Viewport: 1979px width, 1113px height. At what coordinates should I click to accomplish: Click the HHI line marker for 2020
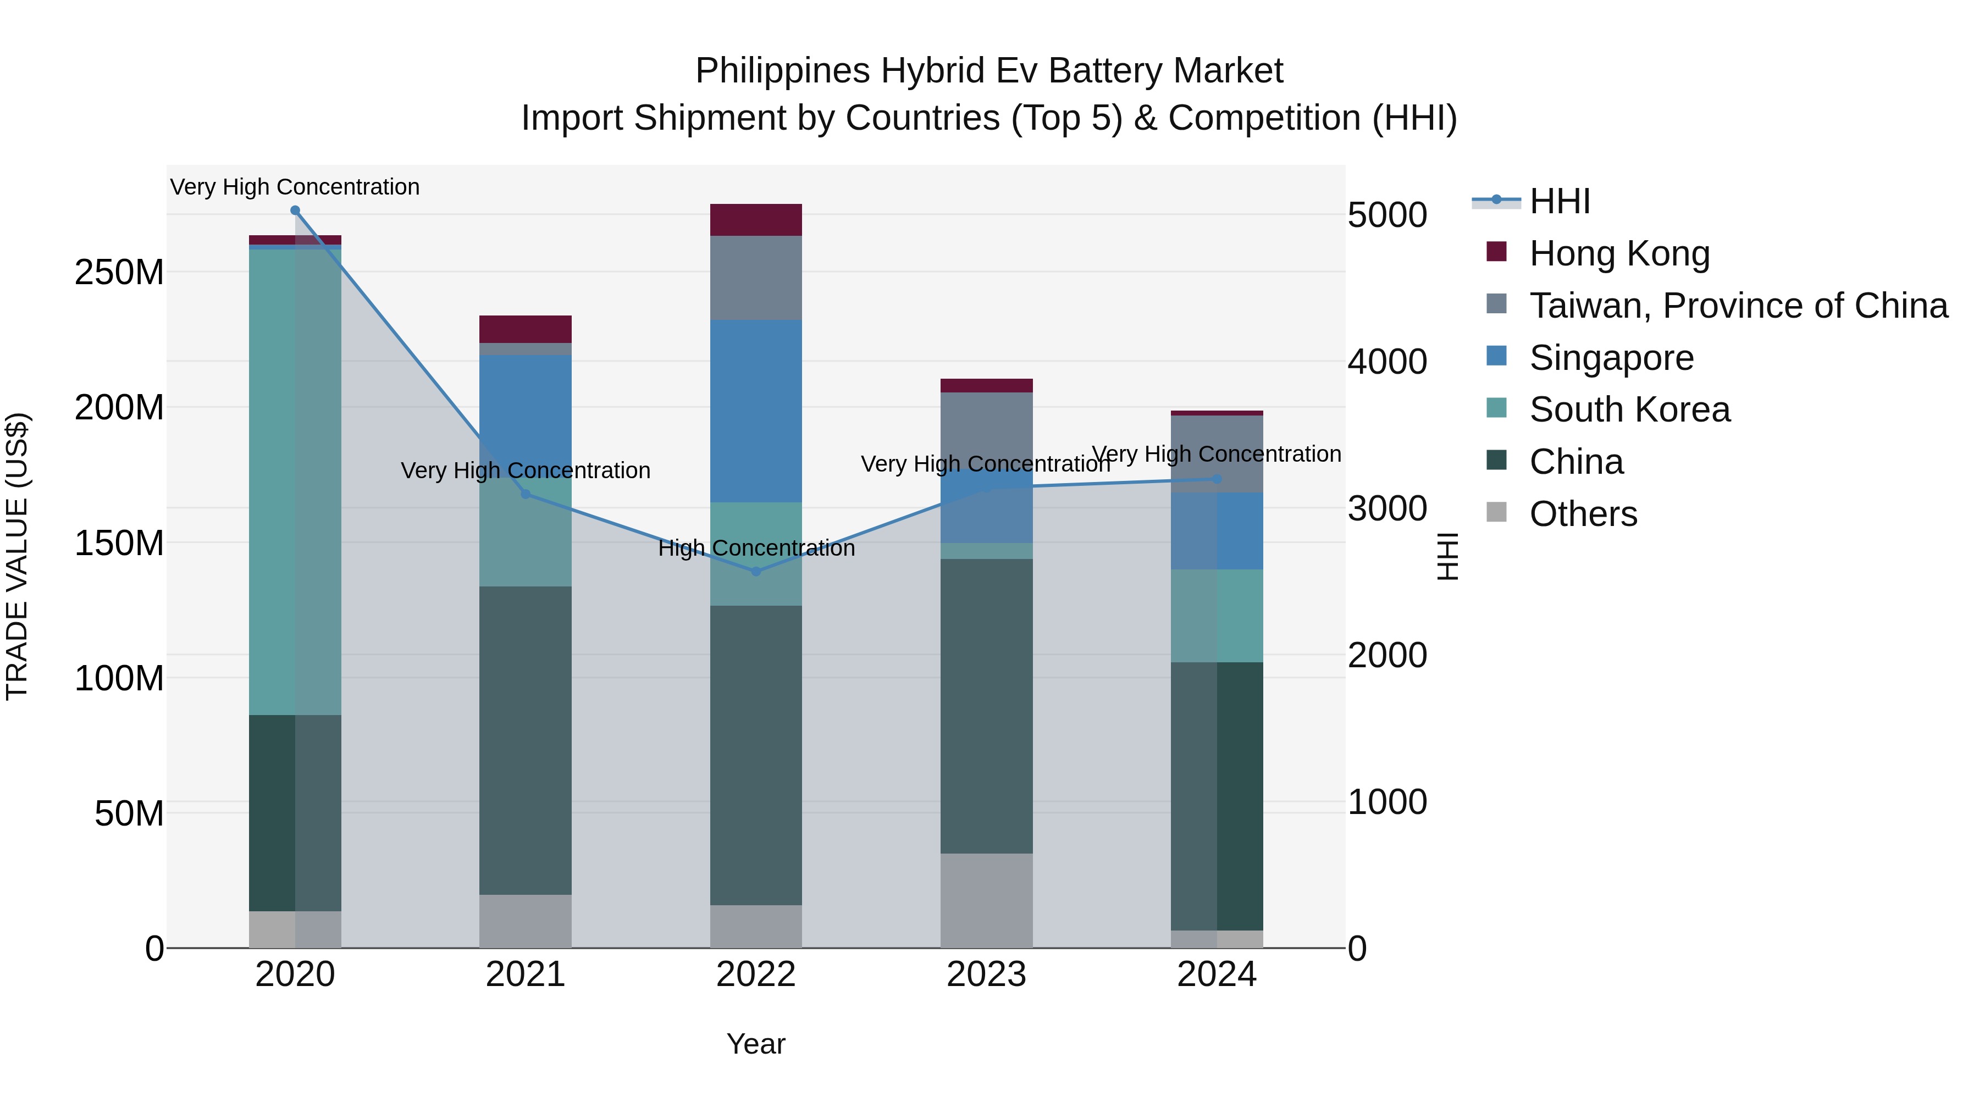pyautogui.click(x=295, y=211)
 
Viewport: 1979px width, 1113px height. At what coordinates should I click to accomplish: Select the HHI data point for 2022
pyautogui.click(x=756, y=572)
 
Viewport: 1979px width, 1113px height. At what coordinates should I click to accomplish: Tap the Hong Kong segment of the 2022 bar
pyautogui.click(x=756, y=220)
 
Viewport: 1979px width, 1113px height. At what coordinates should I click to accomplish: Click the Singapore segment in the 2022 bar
pyautogui.click(x=756, y=411)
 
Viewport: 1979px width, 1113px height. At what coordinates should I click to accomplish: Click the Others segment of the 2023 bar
pyautogui.click(x=986, y=900)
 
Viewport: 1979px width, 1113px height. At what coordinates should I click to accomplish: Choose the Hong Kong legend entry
pyautogui.click(x=1619, y=253)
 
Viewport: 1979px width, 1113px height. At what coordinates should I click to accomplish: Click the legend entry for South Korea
pyautogui.click(x=1629, y=409)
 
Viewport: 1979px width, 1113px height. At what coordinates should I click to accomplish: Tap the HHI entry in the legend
pyautogui.click(x=1559, y=201)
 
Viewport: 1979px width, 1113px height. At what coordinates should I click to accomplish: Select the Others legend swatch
pyautogui.click(x=1496, y=512)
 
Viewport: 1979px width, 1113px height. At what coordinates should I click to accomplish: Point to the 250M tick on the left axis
pyautogui.click(x=119, y=272)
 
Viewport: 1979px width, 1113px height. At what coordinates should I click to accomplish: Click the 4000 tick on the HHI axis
pyautogui.click(x=1387, y=361)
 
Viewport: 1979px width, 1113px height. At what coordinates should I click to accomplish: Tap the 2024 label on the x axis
pyautogui.click(x=1217, y=974)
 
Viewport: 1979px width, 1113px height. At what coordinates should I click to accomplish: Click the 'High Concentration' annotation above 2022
pyautogui.click(x=756, y=549)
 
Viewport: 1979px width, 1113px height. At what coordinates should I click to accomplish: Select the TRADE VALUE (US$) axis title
pyautogui.click(x=17, y=556)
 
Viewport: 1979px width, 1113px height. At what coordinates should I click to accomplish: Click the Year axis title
pyautogui.click(x=756, y=1044)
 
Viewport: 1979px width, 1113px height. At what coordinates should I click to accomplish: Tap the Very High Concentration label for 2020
pyautogui.click(x=295, y=187)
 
